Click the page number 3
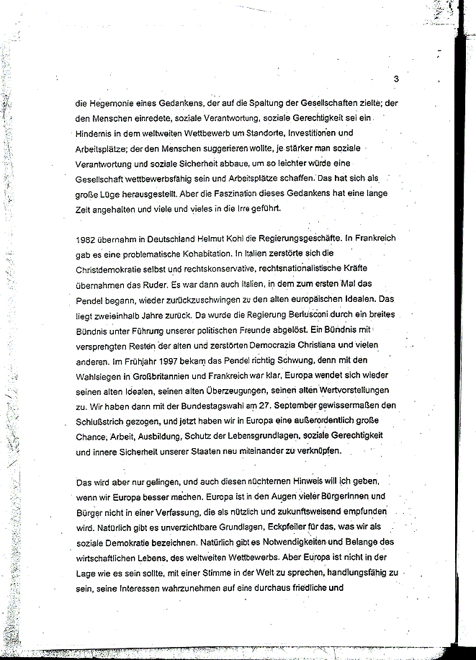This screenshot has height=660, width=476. (x=396, y=79)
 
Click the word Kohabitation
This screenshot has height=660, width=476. (x=210, y=253)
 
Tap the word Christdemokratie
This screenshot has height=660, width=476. (x=113, y=269)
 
